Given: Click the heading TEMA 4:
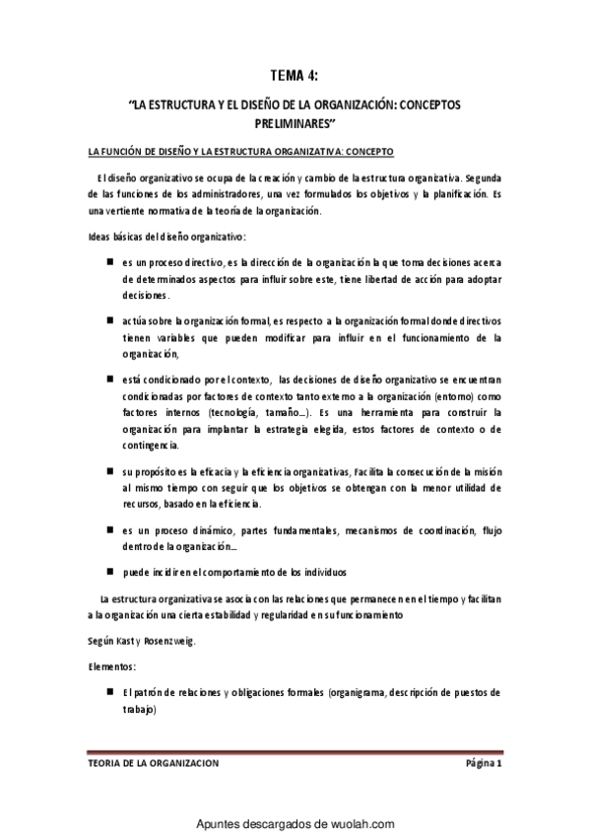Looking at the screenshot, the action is pos(295,74).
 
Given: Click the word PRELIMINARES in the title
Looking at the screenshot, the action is pos(295,122).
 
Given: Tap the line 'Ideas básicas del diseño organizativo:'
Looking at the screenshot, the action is pos(166,239).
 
